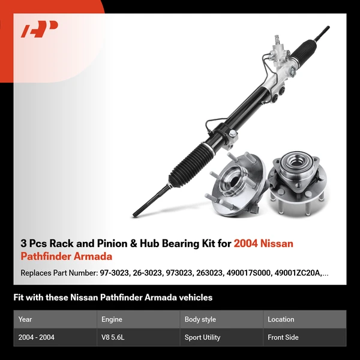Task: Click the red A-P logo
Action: tap(39, 29)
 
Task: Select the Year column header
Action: tap(25, 319)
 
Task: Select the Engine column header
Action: tap(112, 319)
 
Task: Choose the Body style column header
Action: tap(200, 319)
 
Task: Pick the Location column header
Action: tap(281, 319)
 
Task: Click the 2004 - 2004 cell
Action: tap(37, 337)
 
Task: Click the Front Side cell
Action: tap(283, 337)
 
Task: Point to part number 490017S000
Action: tap(248, 273)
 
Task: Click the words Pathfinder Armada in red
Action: tap(66, 256)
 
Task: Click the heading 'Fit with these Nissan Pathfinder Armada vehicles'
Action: tap(113, 297)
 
